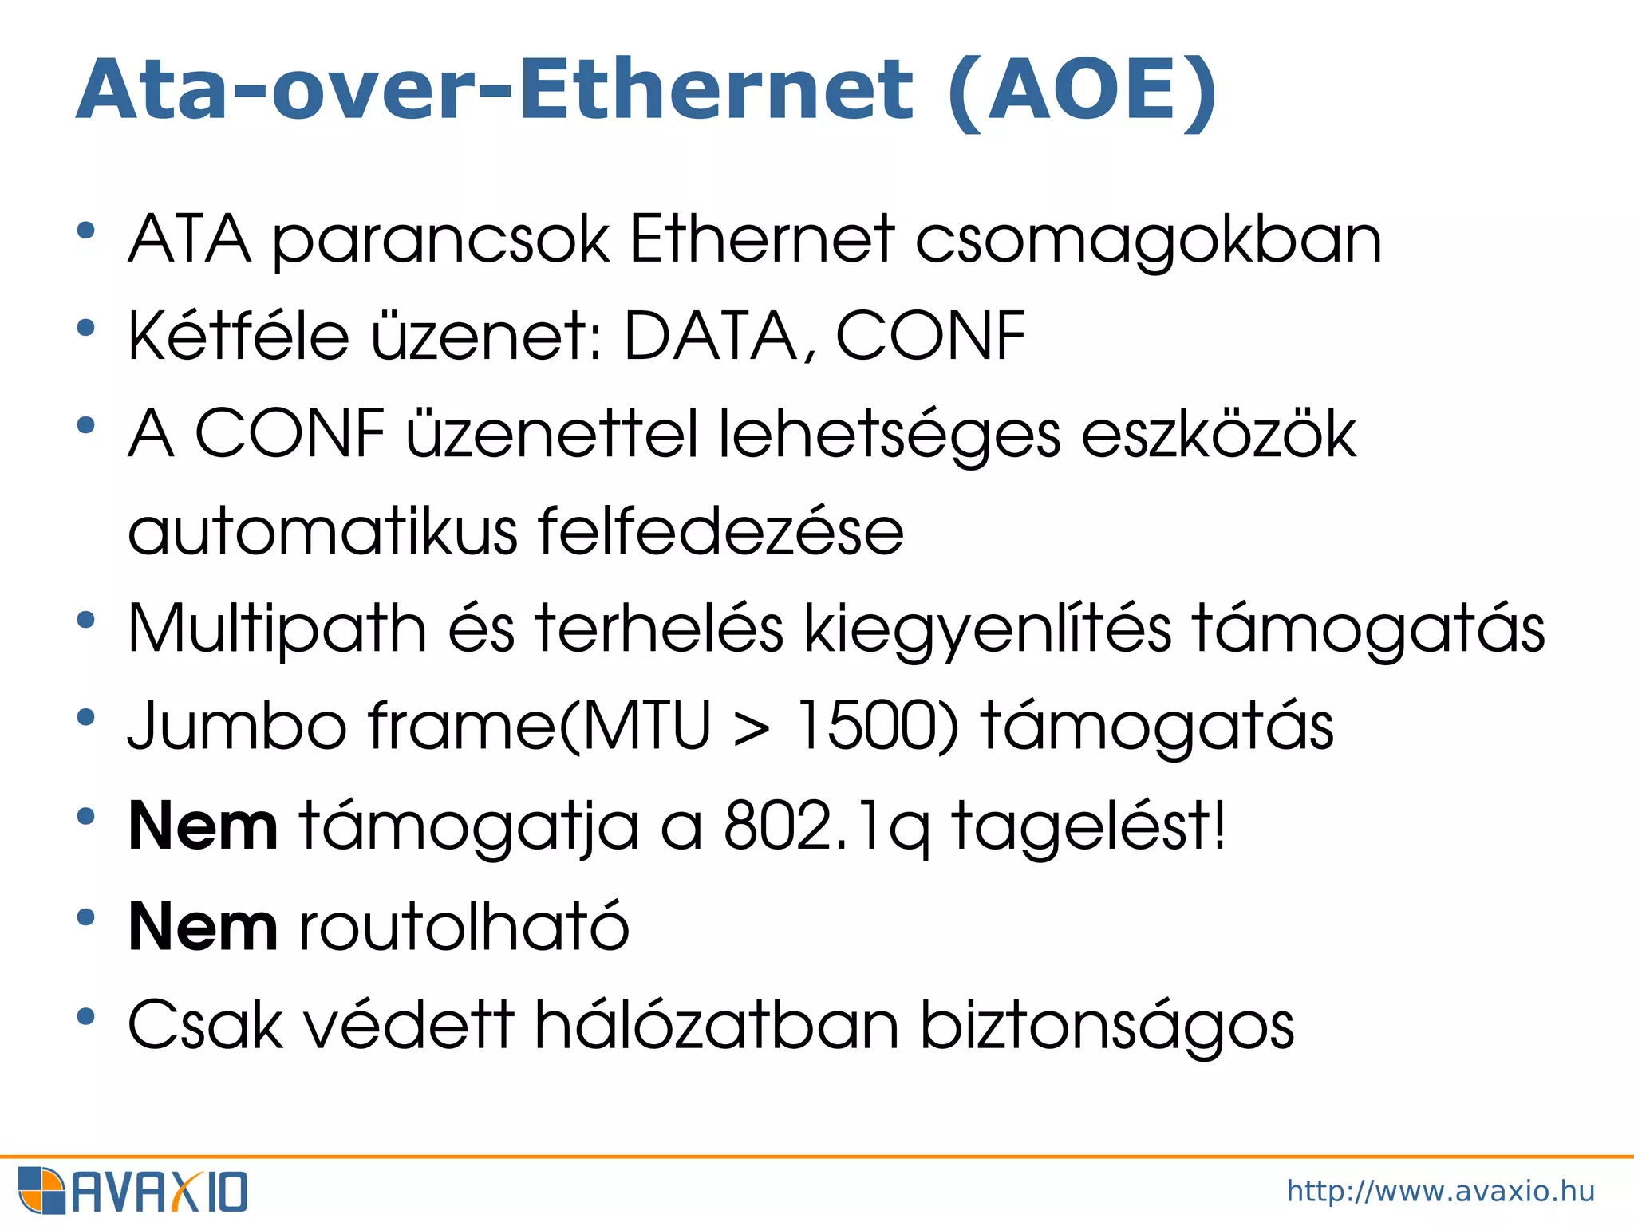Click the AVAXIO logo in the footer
tap(132, 1191)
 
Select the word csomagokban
tap(1148, 242)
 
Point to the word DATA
tap(711, 337)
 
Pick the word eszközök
tap(1218, 435)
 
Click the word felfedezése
tap(720, 531)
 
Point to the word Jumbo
tap(237, 726)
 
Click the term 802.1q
tap(827, 826)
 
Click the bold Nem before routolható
tap(203, 926)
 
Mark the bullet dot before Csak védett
tap(86, 1017)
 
